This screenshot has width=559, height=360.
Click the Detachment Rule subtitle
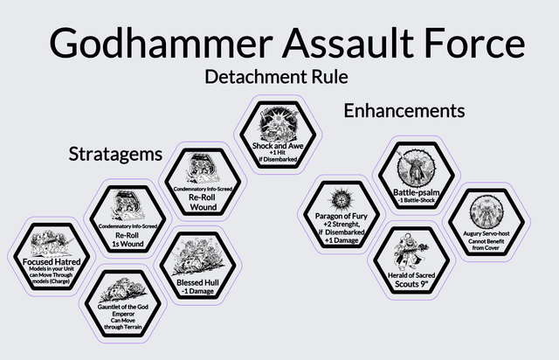(x=276, y=77)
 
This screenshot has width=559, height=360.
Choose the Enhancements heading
(x=404, y=111)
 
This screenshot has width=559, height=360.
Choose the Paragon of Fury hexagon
(x=337, y=214)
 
